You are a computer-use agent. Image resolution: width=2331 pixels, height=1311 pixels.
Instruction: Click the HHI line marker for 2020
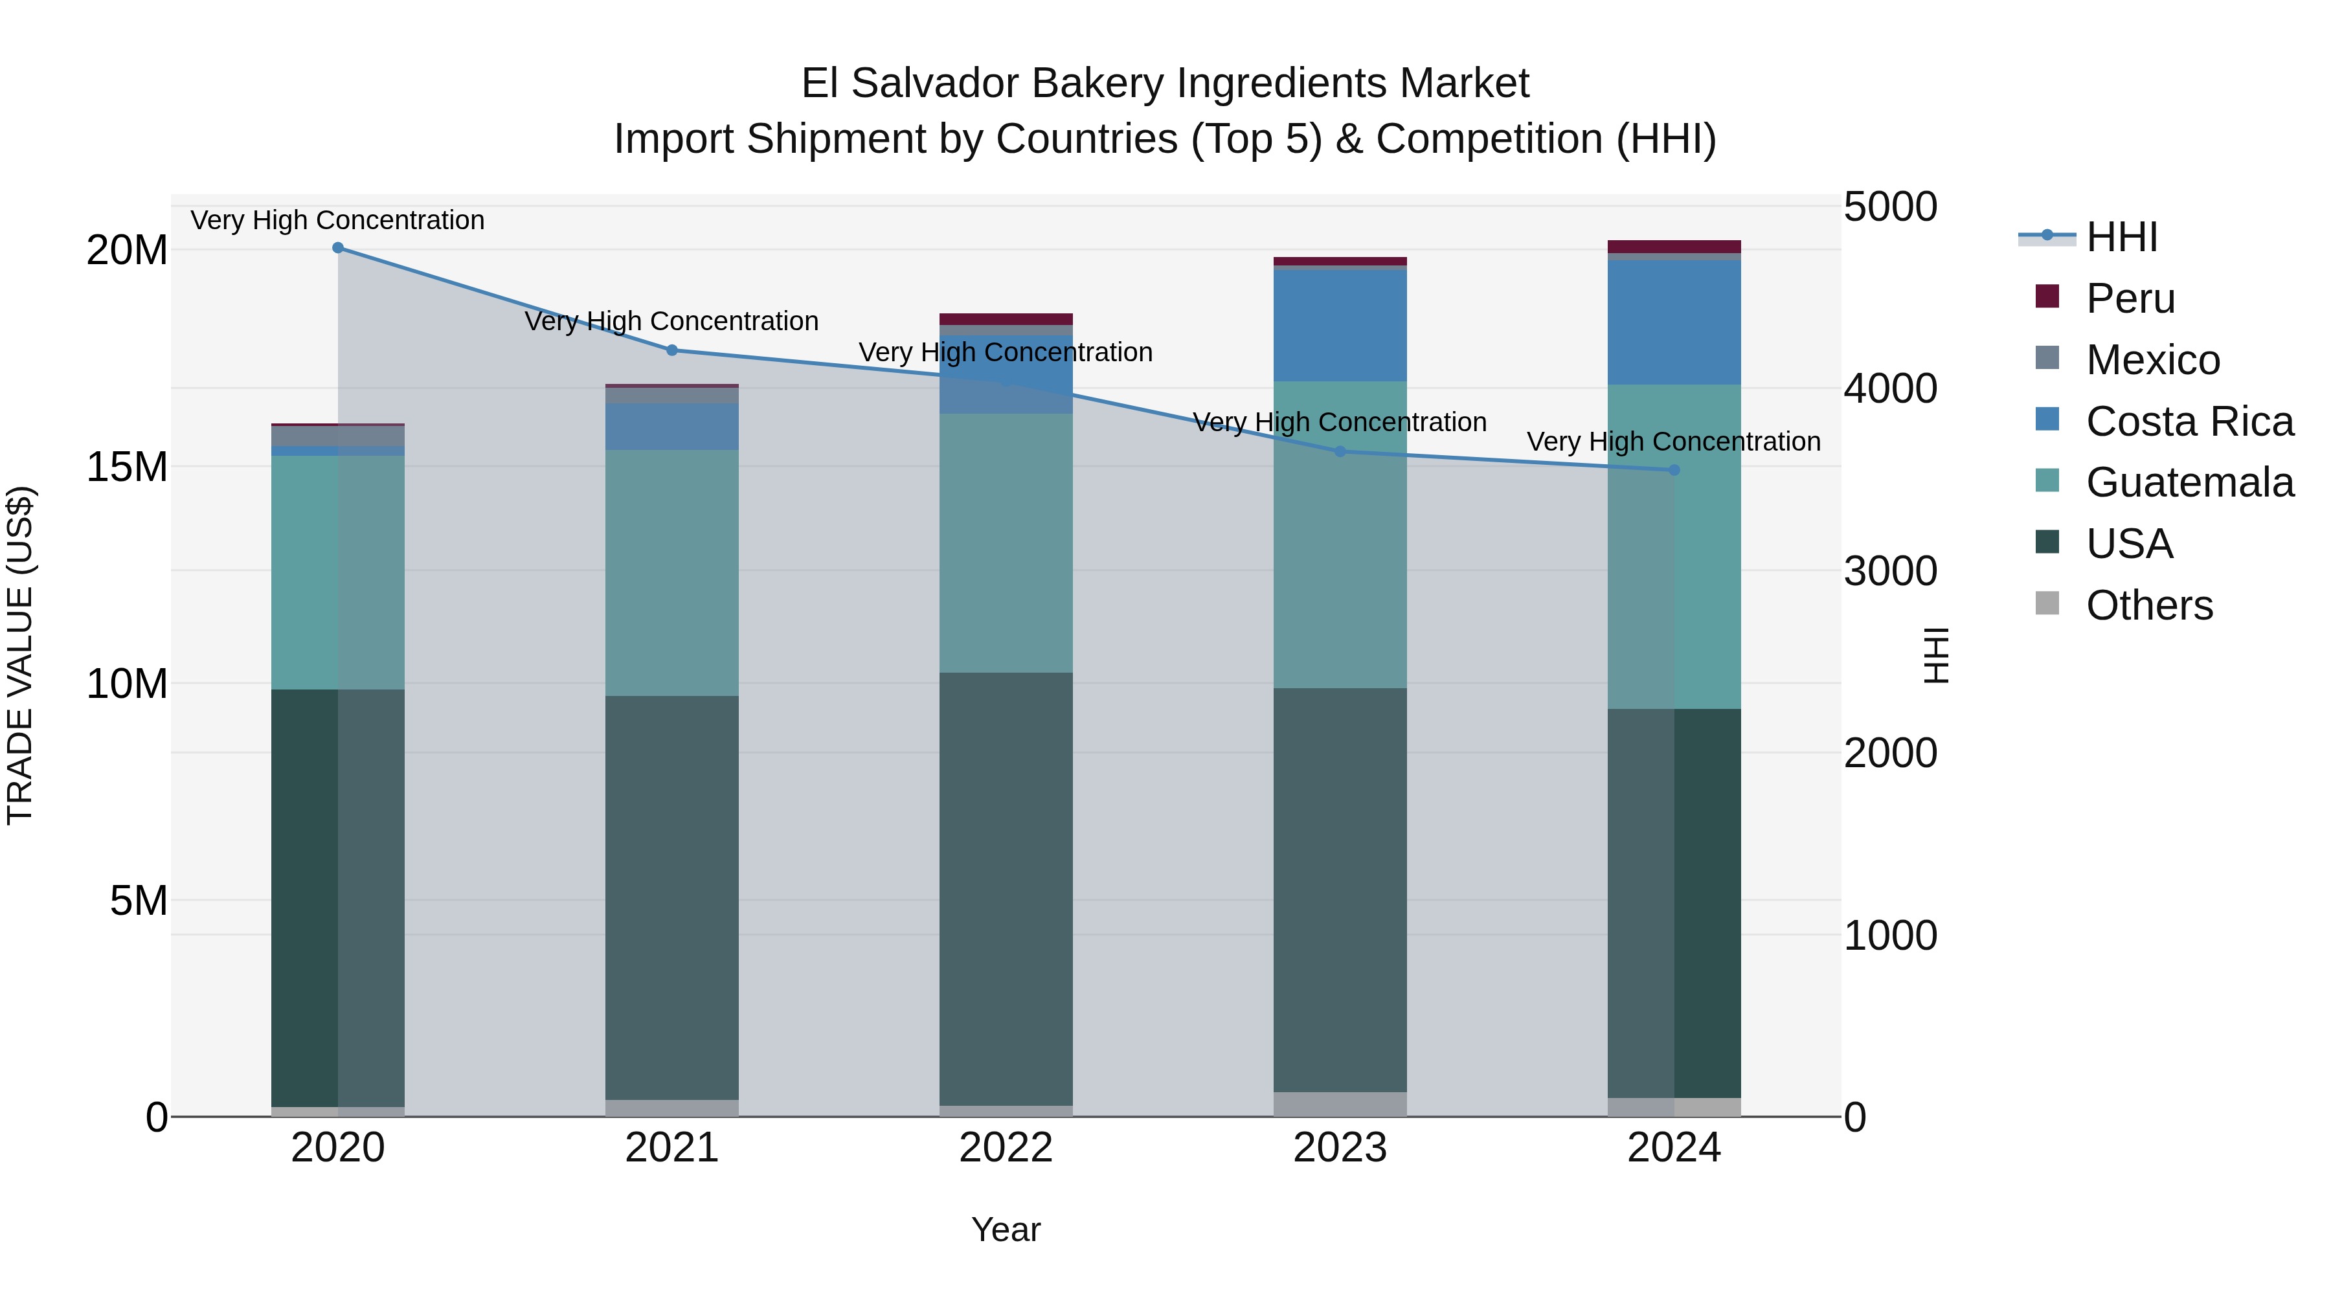tap(337, 248)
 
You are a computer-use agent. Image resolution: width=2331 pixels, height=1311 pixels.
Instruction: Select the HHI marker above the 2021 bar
tap(671, 350)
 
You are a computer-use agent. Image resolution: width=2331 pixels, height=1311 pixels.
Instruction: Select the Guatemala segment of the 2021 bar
tap(671, 573)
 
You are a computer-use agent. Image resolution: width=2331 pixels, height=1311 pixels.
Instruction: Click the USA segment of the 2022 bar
tap(1006, 888)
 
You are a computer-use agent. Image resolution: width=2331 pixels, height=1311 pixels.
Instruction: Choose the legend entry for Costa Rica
tap(2189, 421)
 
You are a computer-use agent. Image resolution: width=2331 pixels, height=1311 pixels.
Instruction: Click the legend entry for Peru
tap(2130, 298)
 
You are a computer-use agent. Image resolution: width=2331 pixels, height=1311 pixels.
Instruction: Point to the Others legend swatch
tap(2047, 603)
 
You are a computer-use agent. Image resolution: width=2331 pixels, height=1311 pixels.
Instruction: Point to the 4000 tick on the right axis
tap(1889, 389)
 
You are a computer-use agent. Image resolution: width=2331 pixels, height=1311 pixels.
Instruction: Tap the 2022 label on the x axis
tap(1006, 1148)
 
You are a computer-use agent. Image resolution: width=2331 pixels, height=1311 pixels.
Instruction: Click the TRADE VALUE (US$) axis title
tap(20, 655)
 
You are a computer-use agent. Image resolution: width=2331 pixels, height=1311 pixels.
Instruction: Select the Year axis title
tap(1006, 1229)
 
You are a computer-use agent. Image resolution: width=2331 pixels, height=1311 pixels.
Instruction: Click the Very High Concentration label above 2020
tap(337, 220)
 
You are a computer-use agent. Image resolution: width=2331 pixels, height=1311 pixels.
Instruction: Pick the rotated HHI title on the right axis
tap(1935, 655)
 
